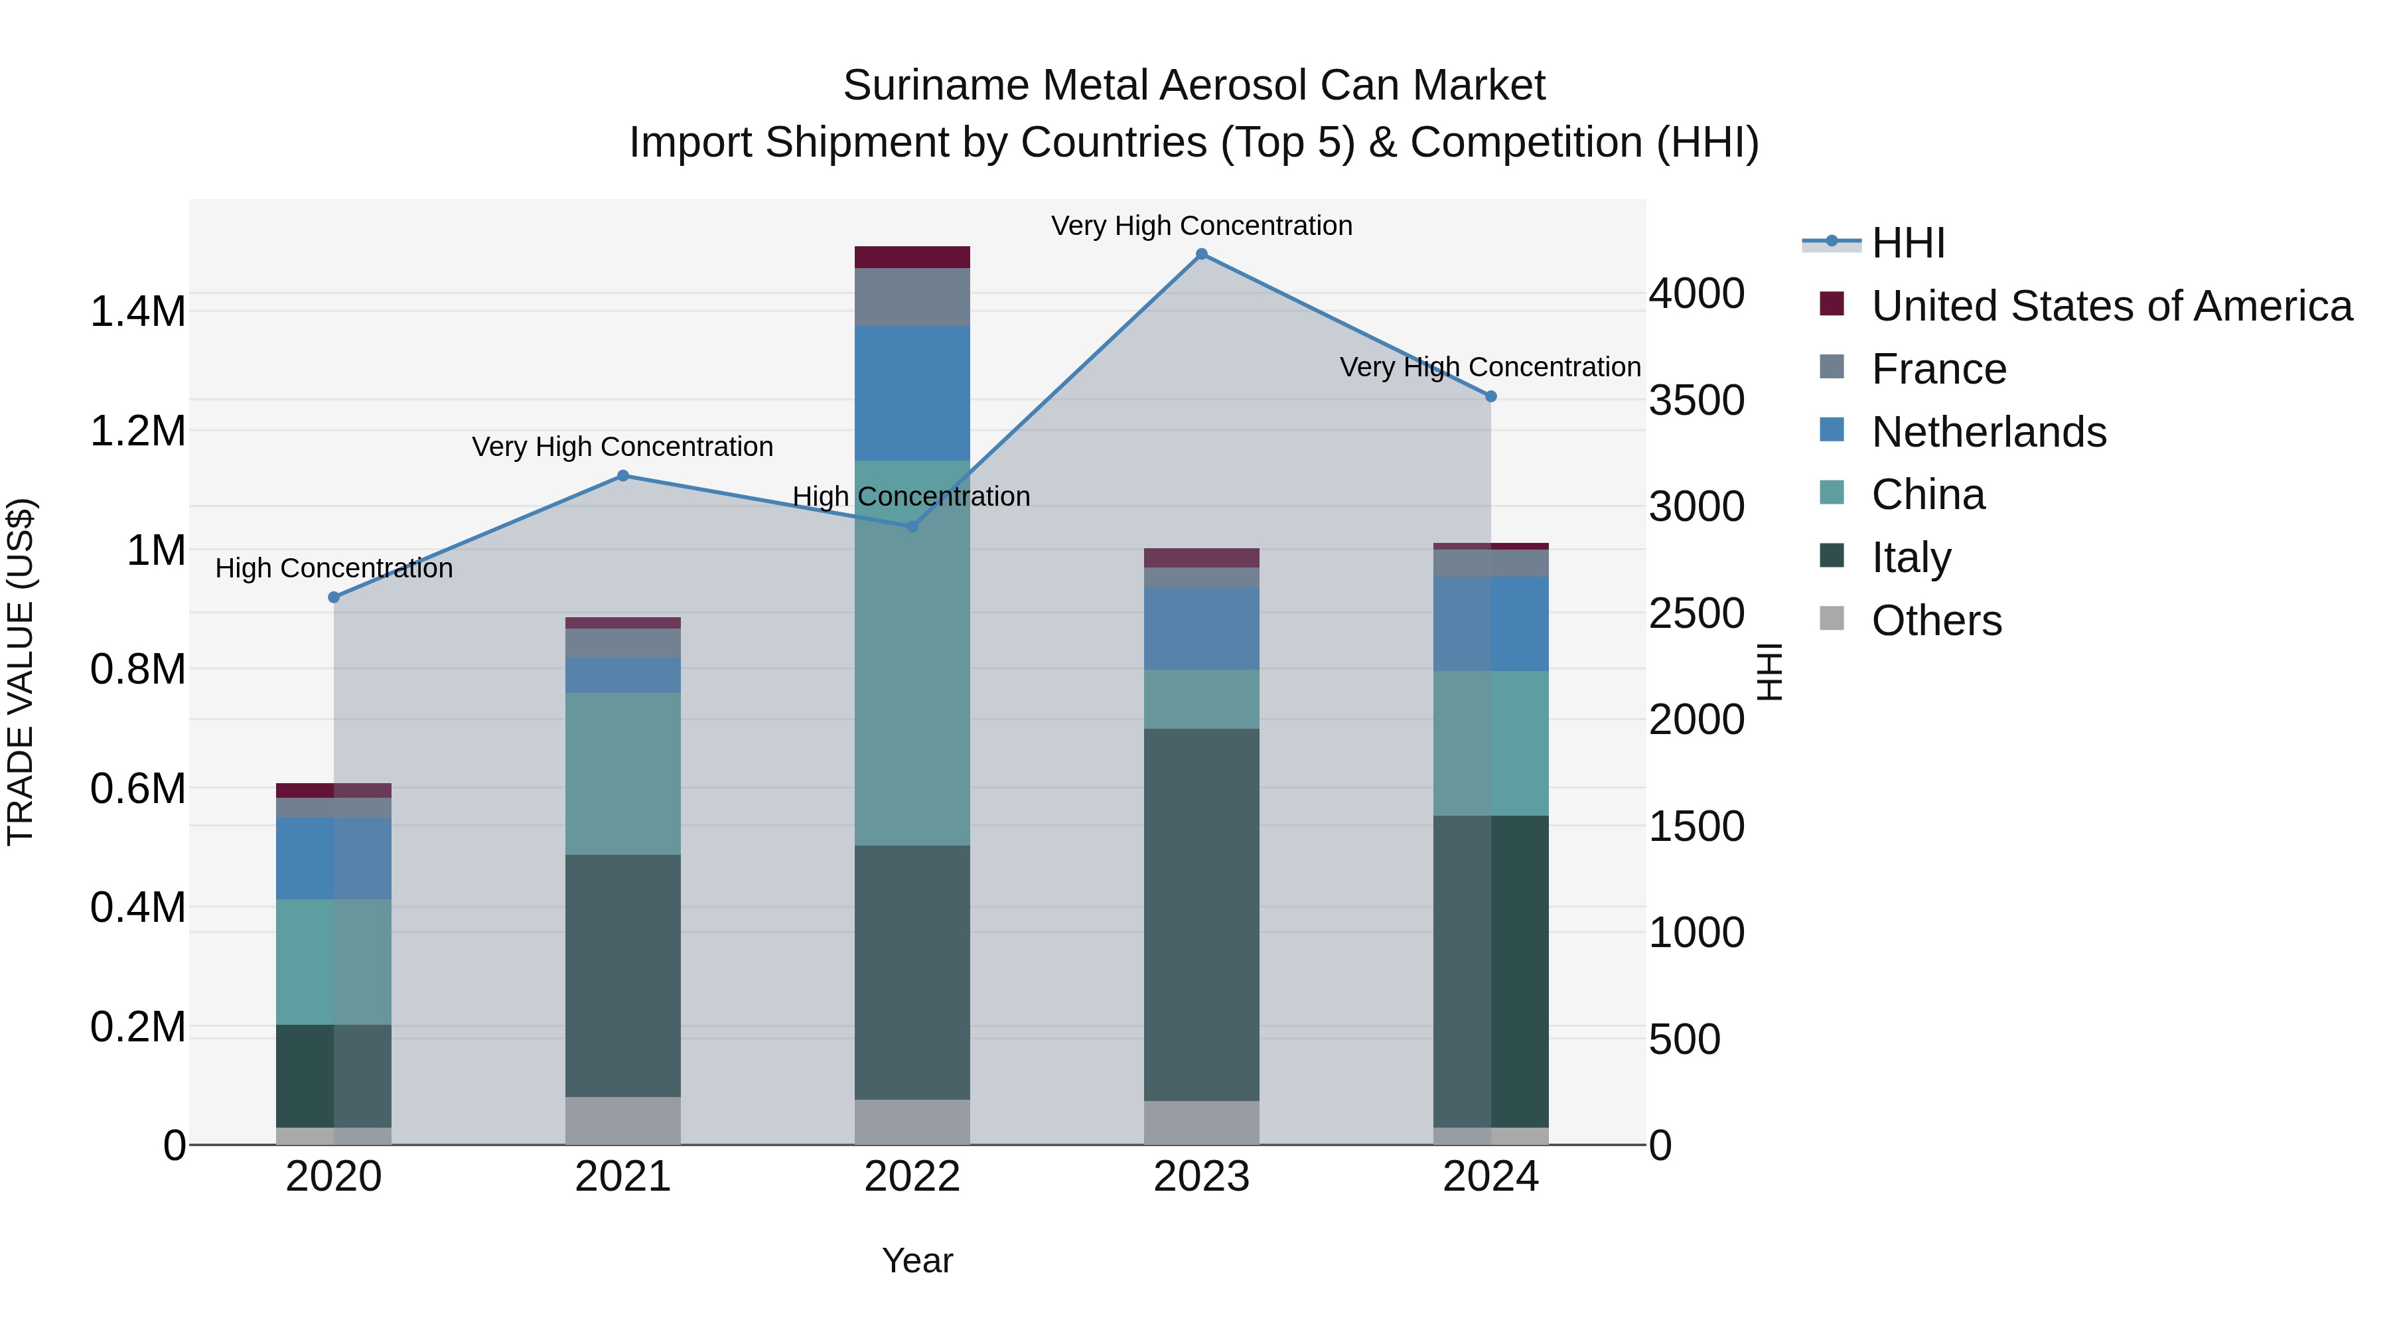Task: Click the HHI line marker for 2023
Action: [1201, 254]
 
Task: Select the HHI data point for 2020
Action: [334, 597]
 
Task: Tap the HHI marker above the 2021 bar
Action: [623, 476]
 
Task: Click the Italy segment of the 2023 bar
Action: [1201, 914]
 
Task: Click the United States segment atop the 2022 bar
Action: [912, 257]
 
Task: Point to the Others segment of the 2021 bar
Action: [623, 1120]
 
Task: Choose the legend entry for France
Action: [1938, 369]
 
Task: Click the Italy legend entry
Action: [1911, 558]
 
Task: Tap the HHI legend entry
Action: [1908, 243]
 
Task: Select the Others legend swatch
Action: [1832, 618]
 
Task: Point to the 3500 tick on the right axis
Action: [1696, 401]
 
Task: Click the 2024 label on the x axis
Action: [1490, 1177]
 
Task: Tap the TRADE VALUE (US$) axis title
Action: [21, 672]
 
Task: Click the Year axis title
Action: [917, 1260]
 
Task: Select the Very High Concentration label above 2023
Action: [1201, 226]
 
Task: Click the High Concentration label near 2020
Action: [334, 567]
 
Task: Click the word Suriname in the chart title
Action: [936, 86]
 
